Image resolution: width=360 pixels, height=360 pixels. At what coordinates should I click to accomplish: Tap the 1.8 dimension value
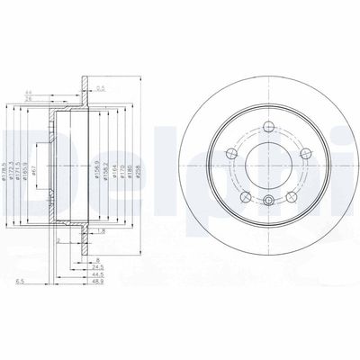104,230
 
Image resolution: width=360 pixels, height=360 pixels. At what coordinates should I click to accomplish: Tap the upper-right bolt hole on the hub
293,139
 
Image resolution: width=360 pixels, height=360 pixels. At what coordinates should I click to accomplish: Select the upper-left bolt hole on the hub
241,139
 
